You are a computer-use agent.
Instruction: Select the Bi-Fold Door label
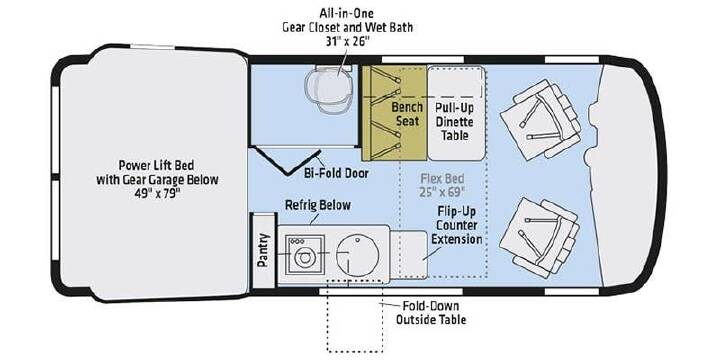point(337,174)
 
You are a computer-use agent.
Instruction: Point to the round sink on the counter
point(356,253)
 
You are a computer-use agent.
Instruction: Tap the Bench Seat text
point(407,114)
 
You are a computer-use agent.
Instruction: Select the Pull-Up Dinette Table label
point(455,122)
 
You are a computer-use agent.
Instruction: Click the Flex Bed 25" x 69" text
point(443,185)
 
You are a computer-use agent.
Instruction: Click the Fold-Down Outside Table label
point(431,313)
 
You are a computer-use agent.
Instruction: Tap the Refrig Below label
point(318,205)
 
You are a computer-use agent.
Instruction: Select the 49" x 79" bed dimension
point(157,193)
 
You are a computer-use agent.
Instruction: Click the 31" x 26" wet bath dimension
point(347,40)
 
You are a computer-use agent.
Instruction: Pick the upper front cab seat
point(540,119)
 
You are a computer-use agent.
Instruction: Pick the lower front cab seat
point(540,237)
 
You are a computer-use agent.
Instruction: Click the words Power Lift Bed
point(156,165)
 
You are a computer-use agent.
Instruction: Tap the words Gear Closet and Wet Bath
point(347,27)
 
